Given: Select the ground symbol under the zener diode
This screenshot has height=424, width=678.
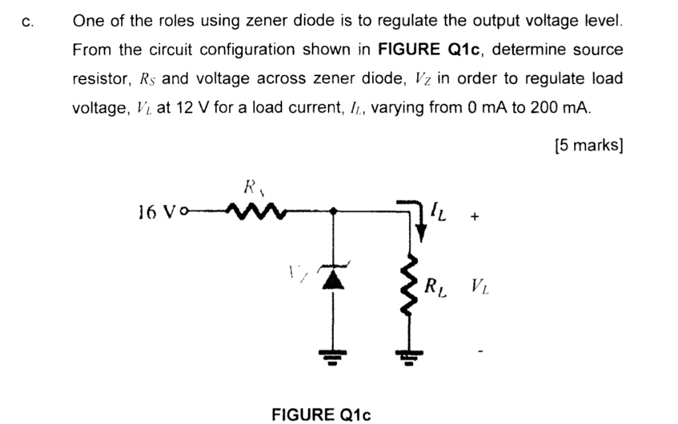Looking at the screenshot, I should click(x=333, y=358).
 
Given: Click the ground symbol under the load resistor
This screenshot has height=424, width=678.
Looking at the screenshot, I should click(x=409, y=358).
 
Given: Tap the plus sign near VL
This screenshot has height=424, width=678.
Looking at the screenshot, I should click(x=473, y=216).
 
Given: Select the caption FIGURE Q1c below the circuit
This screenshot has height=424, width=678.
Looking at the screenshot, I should click(x=321, y=414).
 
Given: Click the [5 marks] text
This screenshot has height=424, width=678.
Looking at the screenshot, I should click(x=589, y=146).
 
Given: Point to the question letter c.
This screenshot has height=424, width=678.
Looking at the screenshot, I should click(x=26, y=21).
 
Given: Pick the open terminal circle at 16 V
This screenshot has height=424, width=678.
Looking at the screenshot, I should click(x=184, y=212).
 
